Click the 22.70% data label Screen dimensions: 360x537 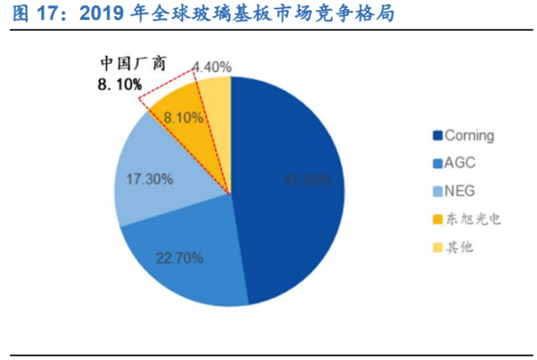pyautogui.click(x=179, y=258)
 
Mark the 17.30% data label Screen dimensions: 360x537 pyautogui.click(x=149, y=178)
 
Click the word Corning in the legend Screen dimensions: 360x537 pyautogui.click(x=469, y=136)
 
